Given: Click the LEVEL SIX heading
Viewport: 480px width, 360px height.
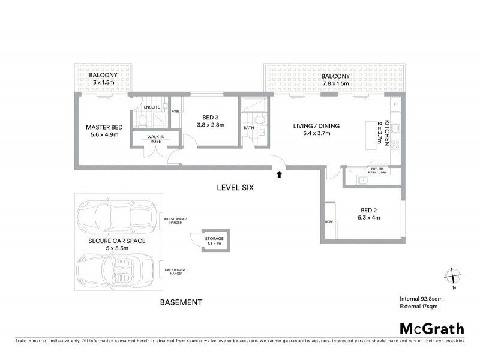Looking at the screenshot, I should (x=236, y=188).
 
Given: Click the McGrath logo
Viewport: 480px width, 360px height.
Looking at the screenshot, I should (x=432, y=328).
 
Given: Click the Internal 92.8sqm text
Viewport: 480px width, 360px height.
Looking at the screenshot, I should (x=421, y=298).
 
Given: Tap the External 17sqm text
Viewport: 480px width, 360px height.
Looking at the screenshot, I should (x=419, y=307).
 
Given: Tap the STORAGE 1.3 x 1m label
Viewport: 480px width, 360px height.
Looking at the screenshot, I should (x=214, y=240).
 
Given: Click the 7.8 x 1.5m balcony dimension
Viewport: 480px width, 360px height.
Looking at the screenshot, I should (x=335, y=84).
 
